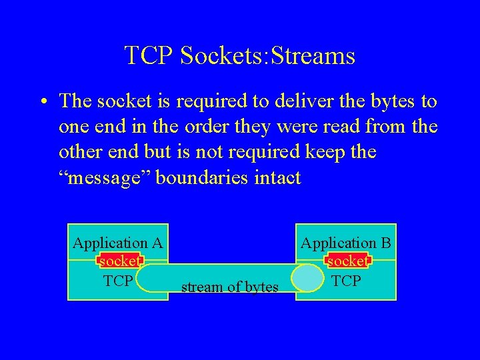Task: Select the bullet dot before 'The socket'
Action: (42, 102)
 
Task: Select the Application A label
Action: (118, 243)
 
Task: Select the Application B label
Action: (346, 243)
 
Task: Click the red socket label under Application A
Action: (119, 261)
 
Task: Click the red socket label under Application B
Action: (347, 261)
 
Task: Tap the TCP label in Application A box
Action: (118, 281)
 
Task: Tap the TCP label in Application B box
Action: (346, 281)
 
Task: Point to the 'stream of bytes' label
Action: (229, 287)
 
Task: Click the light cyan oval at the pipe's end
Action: (307, 279)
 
